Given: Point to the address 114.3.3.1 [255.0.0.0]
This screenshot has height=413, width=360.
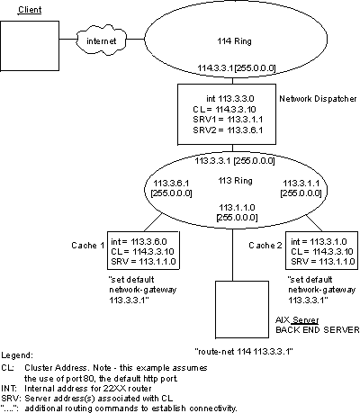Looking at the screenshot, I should point(214,68).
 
